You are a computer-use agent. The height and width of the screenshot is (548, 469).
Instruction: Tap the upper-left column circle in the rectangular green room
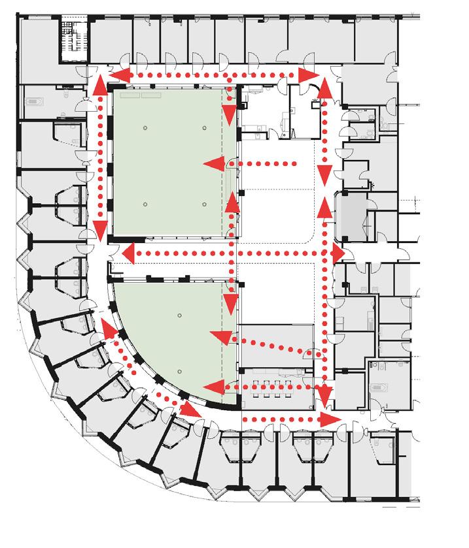(146, 127)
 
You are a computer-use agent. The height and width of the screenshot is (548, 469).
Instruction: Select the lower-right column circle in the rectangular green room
(205, 205)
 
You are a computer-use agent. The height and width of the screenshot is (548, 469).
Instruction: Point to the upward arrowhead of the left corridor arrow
(101, 84)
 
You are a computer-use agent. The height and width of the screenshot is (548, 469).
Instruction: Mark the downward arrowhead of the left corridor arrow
(101, 229)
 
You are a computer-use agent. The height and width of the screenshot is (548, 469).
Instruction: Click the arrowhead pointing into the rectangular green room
(211, 163)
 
